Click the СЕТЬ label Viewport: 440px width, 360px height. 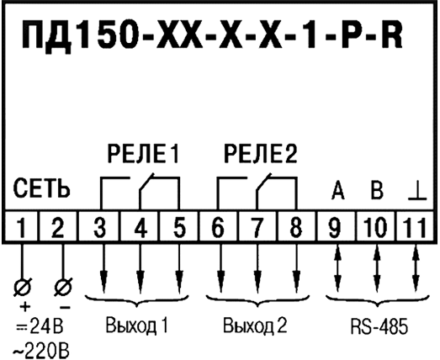(41, 188)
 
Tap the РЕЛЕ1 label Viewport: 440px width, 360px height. (143, 154)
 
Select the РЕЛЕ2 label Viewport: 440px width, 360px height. (261, 154)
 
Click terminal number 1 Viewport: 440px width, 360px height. (22, 227)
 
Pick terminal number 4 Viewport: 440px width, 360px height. (140, 227)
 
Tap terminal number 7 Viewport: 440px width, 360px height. (257, 227)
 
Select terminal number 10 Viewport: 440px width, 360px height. (376, 227)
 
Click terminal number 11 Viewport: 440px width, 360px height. (415, 227)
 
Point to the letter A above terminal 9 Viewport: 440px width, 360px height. (338, 190)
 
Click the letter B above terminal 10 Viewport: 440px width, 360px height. (377, 190)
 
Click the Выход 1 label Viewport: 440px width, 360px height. (136, 326)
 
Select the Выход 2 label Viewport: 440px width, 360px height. (255, 326)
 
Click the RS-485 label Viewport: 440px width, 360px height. (379, 327)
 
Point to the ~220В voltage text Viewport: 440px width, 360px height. (41, 350)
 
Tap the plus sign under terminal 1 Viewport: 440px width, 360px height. (24, 308)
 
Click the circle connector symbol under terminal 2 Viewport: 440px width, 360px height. (63, 287)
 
